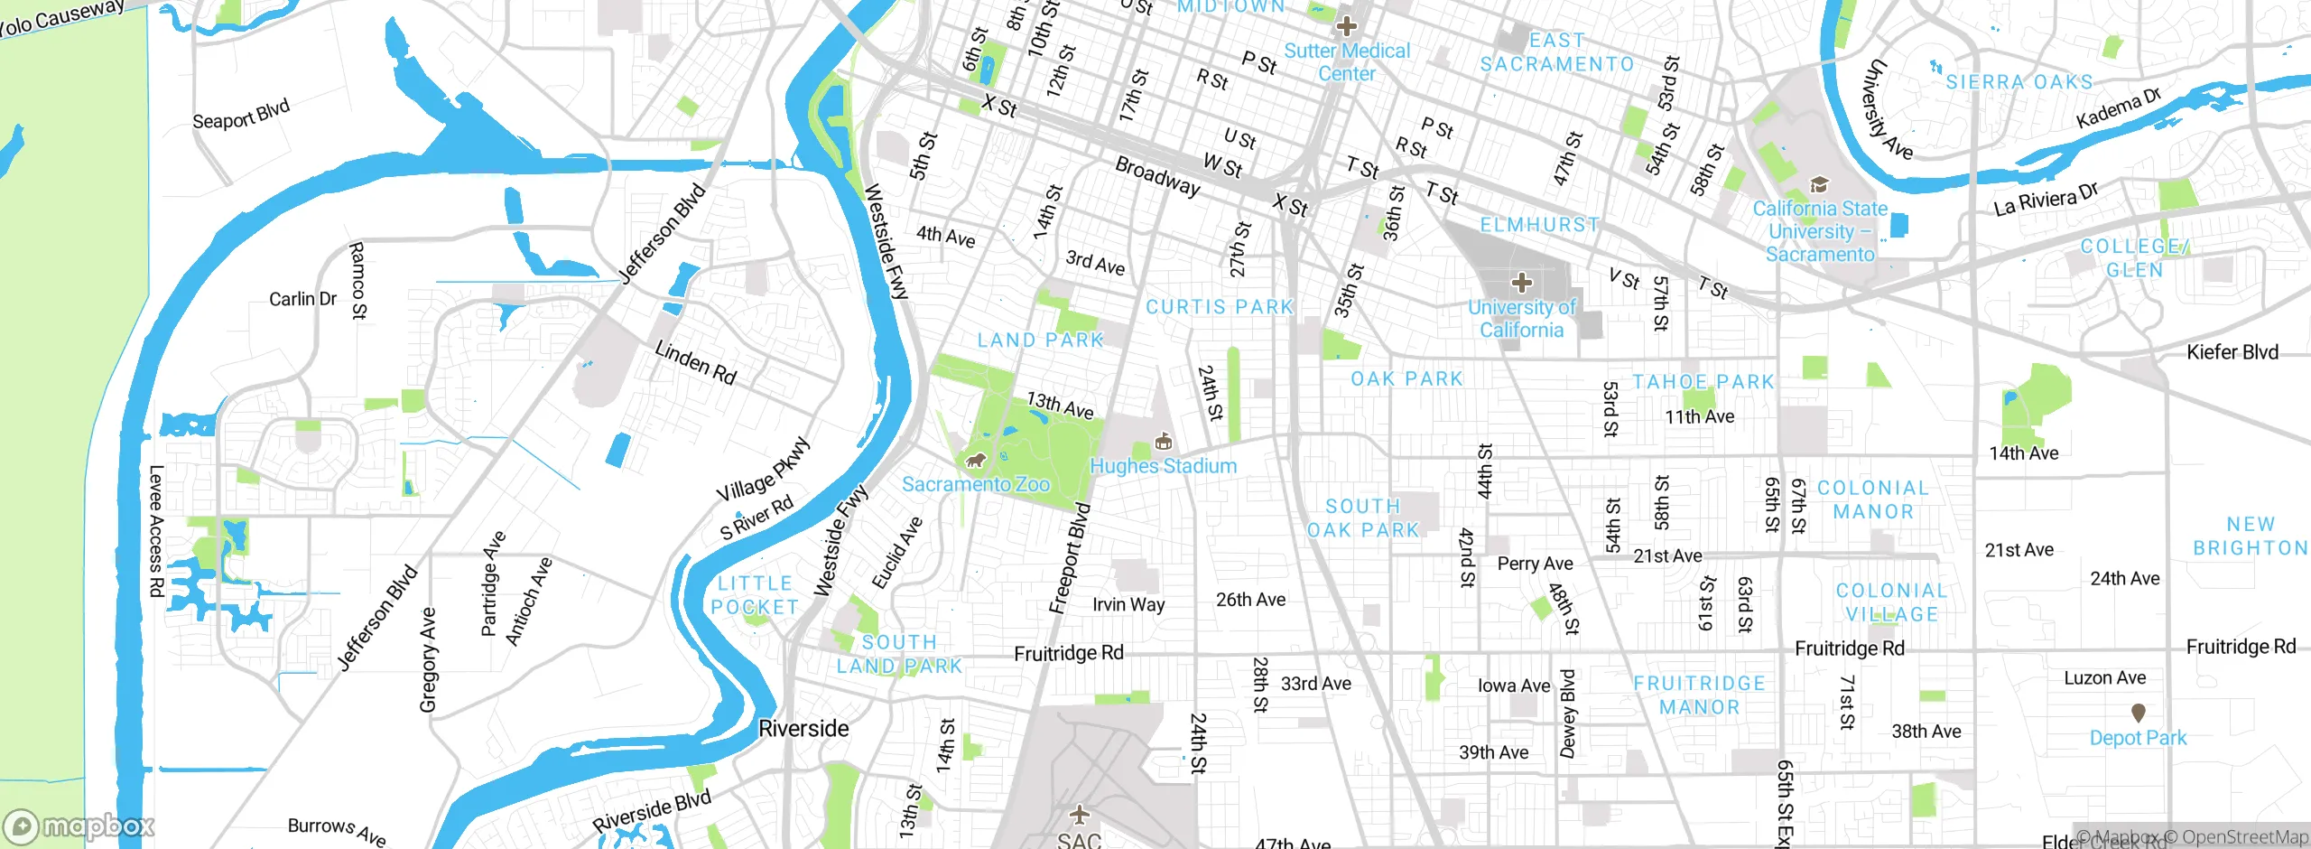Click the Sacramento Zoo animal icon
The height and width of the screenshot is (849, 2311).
tap(975, 462)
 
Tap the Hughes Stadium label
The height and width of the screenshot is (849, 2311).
tap(1163, 466)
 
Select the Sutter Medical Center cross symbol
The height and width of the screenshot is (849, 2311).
tap(1346, 25)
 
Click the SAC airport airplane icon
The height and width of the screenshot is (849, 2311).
tap(1079, 815)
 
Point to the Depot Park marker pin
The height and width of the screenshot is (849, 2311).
tap(2138, 714)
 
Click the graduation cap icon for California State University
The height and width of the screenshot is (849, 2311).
tap(1819, 185)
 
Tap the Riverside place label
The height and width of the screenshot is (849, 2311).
tap(803, 728)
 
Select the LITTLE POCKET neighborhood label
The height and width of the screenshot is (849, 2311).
tap(755, 595)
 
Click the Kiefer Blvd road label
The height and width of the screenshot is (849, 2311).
tap(2232, 352)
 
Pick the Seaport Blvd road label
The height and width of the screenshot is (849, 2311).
tap(241, 115)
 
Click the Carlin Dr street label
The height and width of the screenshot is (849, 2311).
tap(302, 299)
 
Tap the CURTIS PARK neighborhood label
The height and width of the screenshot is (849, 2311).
tap(1220, 307)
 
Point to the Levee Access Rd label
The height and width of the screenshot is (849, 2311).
tap(155, 530)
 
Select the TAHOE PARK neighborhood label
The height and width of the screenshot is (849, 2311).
tap(1703, 382)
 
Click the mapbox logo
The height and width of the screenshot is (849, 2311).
tap(79, 826)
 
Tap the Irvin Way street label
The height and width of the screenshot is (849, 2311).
tap(1128, 604)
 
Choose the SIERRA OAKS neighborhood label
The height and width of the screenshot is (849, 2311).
tap(2019, 82)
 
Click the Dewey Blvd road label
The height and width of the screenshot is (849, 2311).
tap(1568, 714)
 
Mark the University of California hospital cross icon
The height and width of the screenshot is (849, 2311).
tap(1521, 283)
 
